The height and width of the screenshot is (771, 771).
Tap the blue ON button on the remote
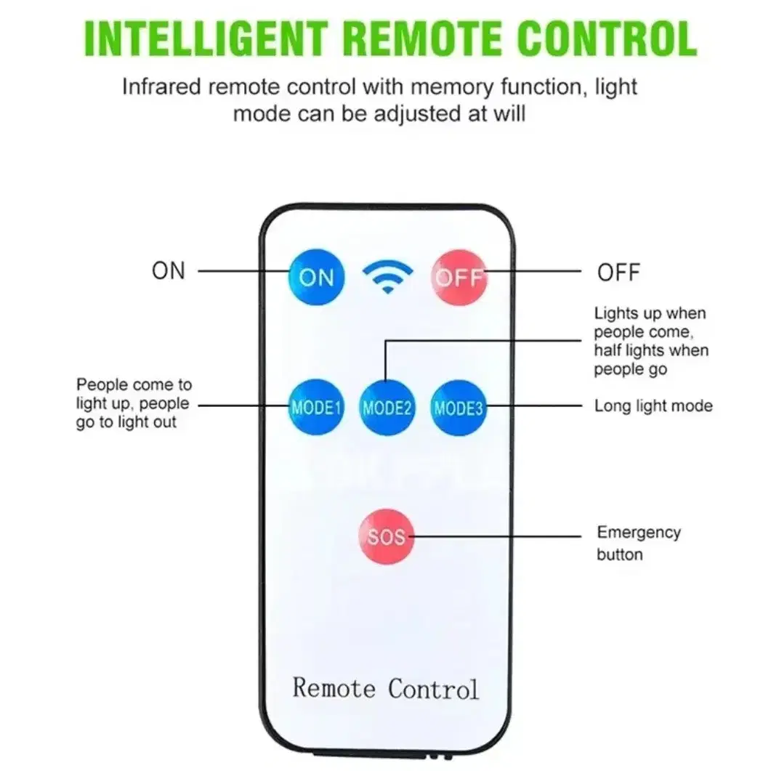[316, 278]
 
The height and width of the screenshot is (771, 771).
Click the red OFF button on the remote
[459, 278]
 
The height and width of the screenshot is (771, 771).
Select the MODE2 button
[387, 408]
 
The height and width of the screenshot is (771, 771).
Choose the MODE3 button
[459, 408]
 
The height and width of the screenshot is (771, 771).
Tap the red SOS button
[387, 536]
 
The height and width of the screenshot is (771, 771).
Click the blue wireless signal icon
[387, 277]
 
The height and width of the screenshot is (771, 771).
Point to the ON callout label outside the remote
[169, 271]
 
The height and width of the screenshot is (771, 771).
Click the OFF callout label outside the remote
[618, 273]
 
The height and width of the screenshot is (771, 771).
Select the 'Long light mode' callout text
[653, 405]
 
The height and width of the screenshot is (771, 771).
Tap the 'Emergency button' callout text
[639, 543]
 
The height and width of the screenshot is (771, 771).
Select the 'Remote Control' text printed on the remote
[385, 688]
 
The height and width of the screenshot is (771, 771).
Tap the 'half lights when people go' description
[651, 360]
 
